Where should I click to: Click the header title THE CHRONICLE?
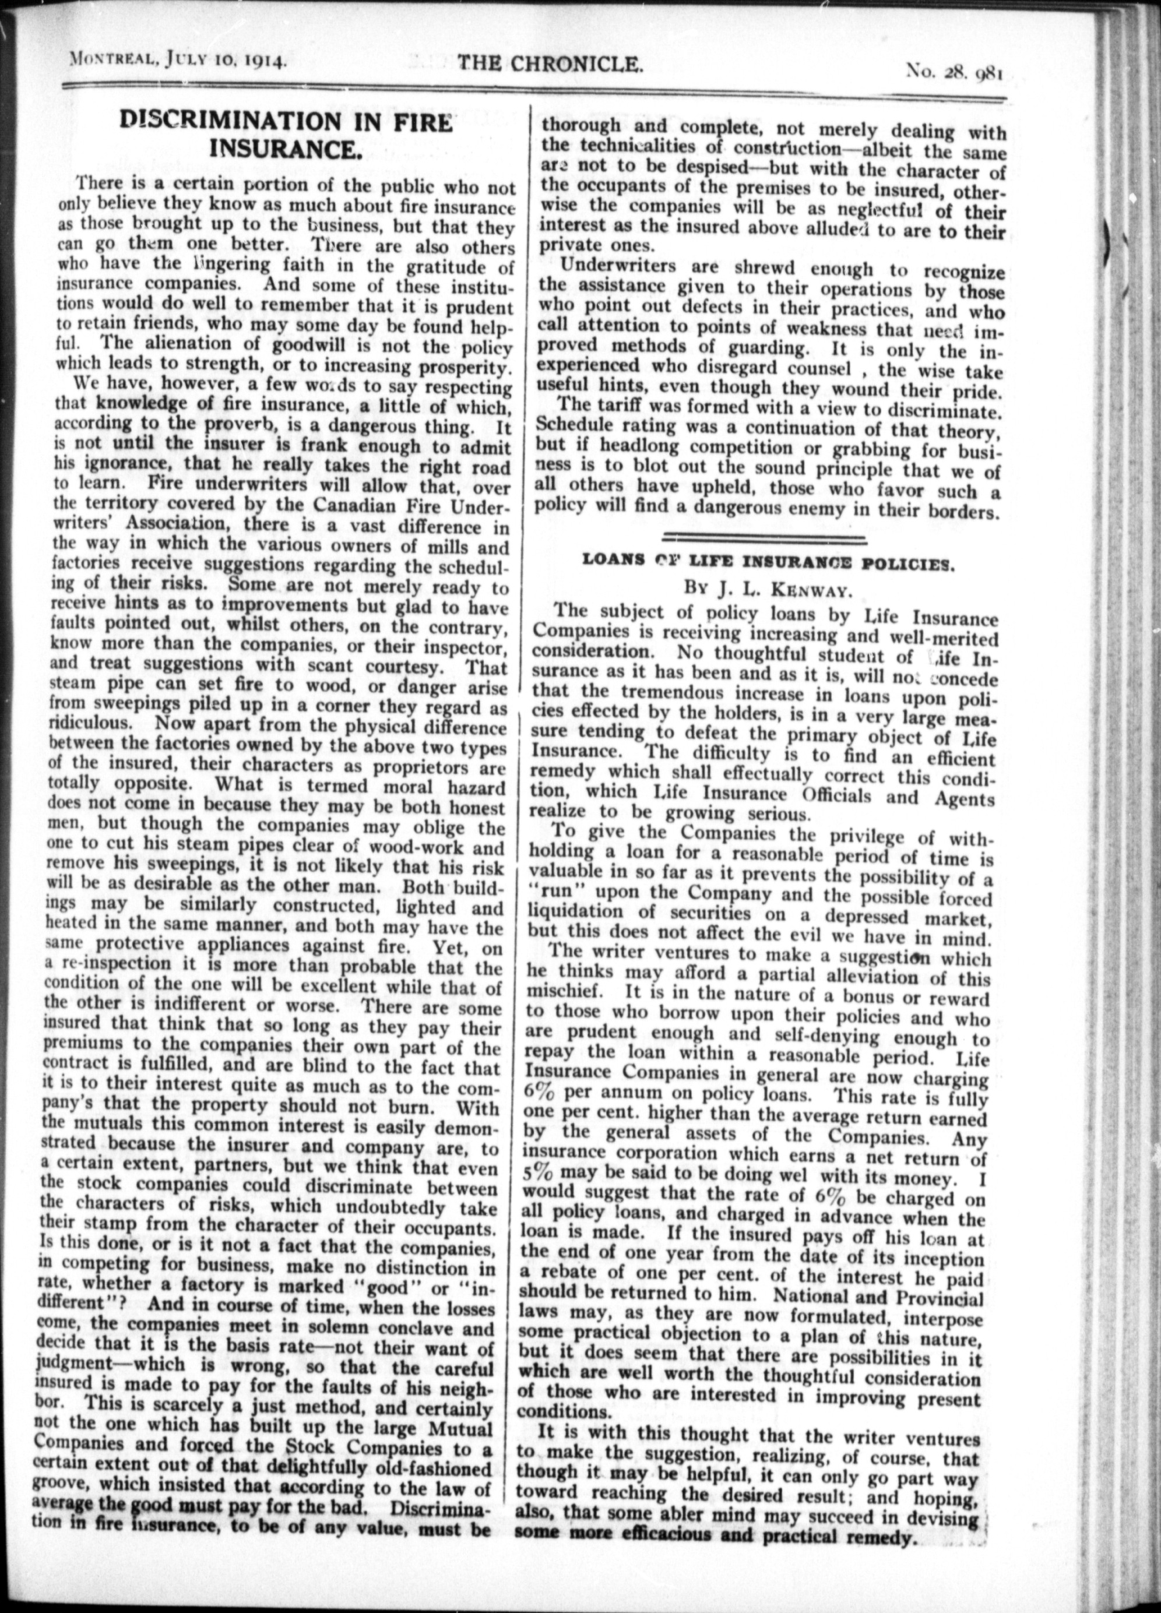coord(550,65)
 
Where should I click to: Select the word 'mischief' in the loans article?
coord(565,991)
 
